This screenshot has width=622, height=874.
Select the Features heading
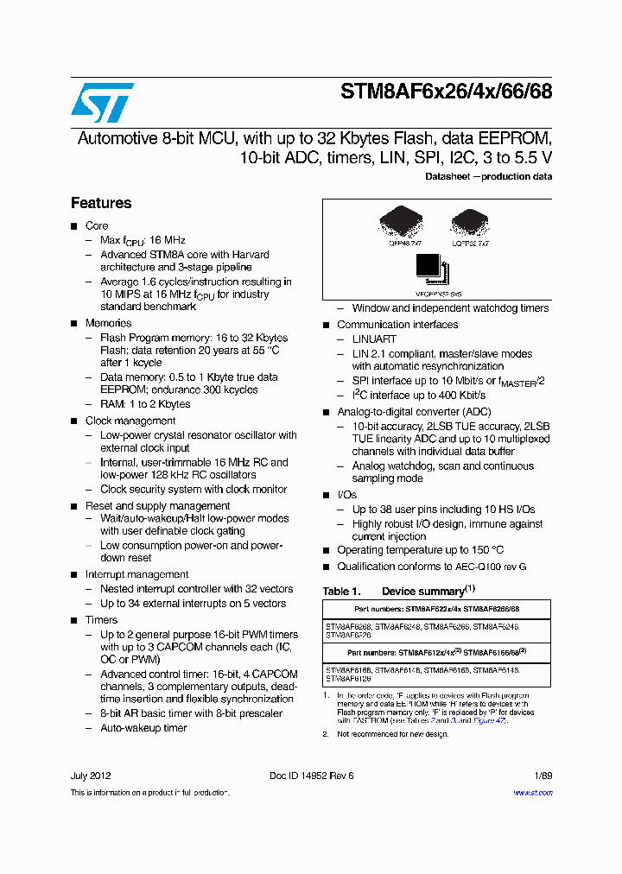[x=101, y=203]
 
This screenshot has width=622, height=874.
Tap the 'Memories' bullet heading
[x=108, y=323]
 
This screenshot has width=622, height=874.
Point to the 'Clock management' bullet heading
[x=130, y=421]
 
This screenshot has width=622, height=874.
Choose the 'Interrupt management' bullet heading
[x=136, y=574]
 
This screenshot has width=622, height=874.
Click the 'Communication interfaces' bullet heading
[x=397, y=325]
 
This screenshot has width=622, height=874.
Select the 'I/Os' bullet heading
[x=346, y=495]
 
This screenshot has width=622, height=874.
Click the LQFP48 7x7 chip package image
[x=401, y=224]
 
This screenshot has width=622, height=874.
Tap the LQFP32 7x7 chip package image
[x=470, y=224]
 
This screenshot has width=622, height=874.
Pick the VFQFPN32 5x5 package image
[x=431, y=268]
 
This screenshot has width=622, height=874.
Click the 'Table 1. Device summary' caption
[x=399, y=592]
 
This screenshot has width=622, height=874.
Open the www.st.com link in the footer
[x=532, y=792]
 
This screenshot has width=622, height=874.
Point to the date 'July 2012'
[x=91, y=776]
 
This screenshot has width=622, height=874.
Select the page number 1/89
[x=543, y=776]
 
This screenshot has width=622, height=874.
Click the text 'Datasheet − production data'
[x=488, y=176]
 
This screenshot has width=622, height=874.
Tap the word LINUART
[x=374, y=339]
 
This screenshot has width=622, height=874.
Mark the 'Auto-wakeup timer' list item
[x=143, y=728]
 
